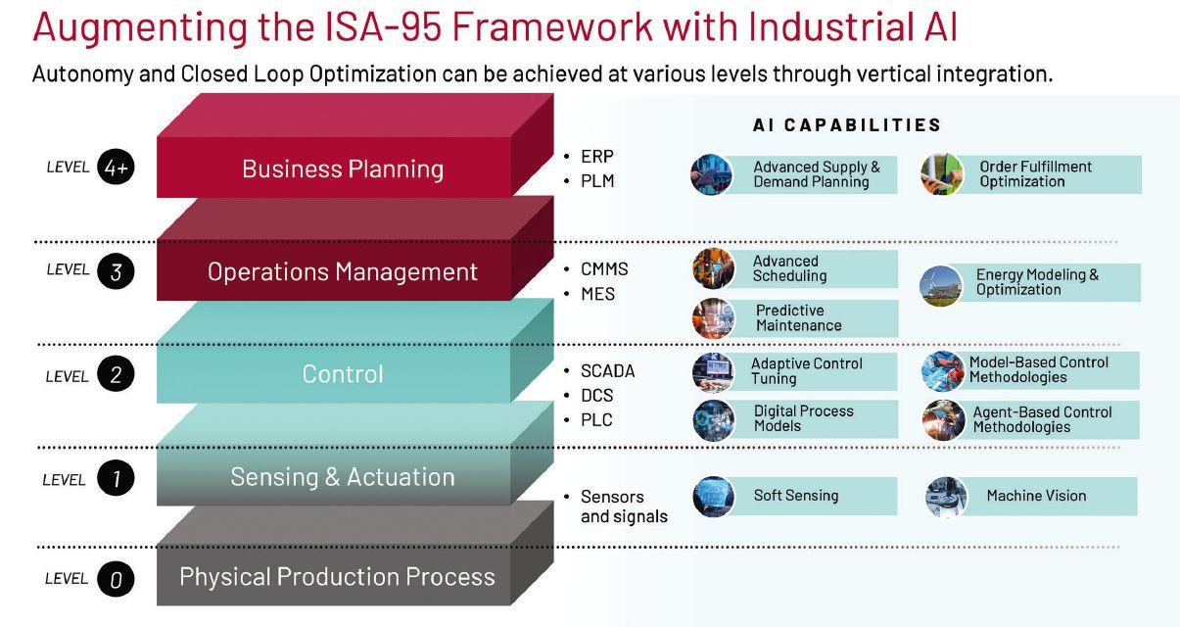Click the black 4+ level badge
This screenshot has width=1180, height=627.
tap(116, 168)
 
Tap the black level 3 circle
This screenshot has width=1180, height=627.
tap(116, 271)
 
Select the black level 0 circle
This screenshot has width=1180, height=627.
tap(116, 579)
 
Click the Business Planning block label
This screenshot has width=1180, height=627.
tap(343, 169)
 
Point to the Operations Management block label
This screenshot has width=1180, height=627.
tap(343, 271)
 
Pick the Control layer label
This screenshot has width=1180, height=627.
tap(343, 373)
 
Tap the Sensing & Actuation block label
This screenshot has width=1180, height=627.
tap(343, 477)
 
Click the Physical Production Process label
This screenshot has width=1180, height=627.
tap(337, 577)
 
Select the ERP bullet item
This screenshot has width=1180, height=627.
tap(596, 157)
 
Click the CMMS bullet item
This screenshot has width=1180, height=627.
tap(603, 269)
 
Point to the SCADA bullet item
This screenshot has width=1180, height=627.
tap(607, 371)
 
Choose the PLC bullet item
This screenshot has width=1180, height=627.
tap(596, 420)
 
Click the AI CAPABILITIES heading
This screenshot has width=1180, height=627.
tap(847, 125)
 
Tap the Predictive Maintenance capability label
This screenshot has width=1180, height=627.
tap(798, 317)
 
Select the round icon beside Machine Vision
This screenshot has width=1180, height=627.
tap(946, 497)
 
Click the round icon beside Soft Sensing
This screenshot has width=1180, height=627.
tap(713, 496)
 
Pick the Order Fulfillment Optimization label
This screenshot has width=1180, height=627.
tap(1035, 174)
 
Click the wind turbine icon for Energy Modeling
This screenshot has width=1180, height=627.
tap(940, 284)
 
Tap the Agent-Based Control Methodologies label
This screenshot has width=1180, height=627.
tap(1042, 419)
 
